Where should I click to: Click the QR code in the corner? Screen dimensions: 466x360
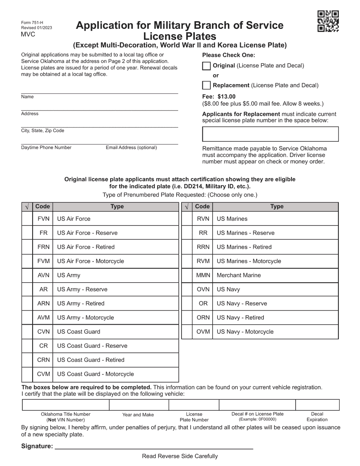pyautogui.click(x=328, y=21)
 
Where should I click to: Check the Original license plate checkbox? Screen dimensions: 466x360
pyautogui.click(x=206, y=66)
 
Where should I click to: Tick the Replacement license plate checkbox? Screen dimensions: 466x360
pyautogui.click(x=206, y=85)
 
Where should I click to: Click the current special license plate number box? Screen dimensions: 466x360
pyautogui.click(x=270, y=134)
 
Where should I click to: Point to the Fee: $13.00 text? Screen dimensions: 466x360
pyautogui.click(x=219, y=97)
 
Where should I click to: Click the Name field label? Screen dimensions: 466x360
pyautogui.click(x=27, y=97)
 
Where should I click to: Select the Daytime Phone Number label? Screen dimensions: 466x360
pyautogui.click(x=46, y=148)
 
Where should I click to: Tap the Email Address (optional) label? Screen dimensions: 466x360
pyautogui.click(x=131, y=148)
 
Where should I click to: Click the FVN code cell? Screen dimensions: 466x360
pyautogui.click(x=43, y=219)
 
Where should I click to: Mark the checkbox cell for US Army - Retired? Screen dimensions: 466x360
pyautogui.click(x=27, y=303)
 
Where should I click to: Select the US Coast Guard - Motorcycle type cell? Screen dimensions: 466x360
pyautogui.click(x=116, y=374)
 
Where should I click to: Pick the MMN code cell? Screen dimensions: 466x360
pyautogui.click(x=203, y=275)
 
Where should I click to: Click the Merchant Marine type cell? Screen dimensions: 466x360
pyautogui.click(x=275, y=275)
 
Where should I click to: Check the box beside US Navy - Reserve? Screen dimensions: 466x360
pyautogui.click(x=187, y=303)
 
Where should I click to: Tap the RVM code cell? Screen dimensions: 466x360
pyautogui.click(x=203, y=261)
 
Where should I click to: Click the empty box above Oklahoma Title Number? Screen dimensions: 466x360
pyautogui.click(x=66, y=405)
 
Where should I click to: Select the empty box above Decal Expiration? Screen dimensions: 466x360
pyautogui.click(x=317, y=405)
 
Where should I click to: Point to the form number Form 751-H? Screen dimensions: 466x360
pyautogui.click(x=32, y=23)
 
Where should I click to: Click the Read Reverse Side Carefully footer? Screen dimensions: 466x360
pyautogui.click(x=180, y=456)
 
